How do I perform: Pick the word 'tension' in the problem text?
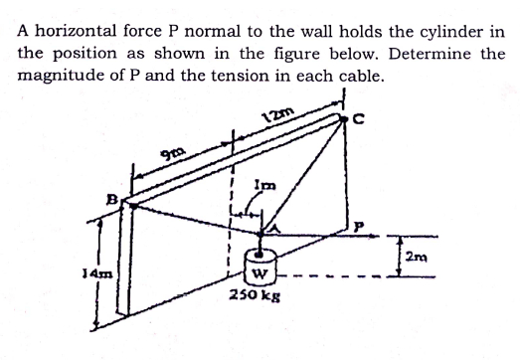tap(266, 76)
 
